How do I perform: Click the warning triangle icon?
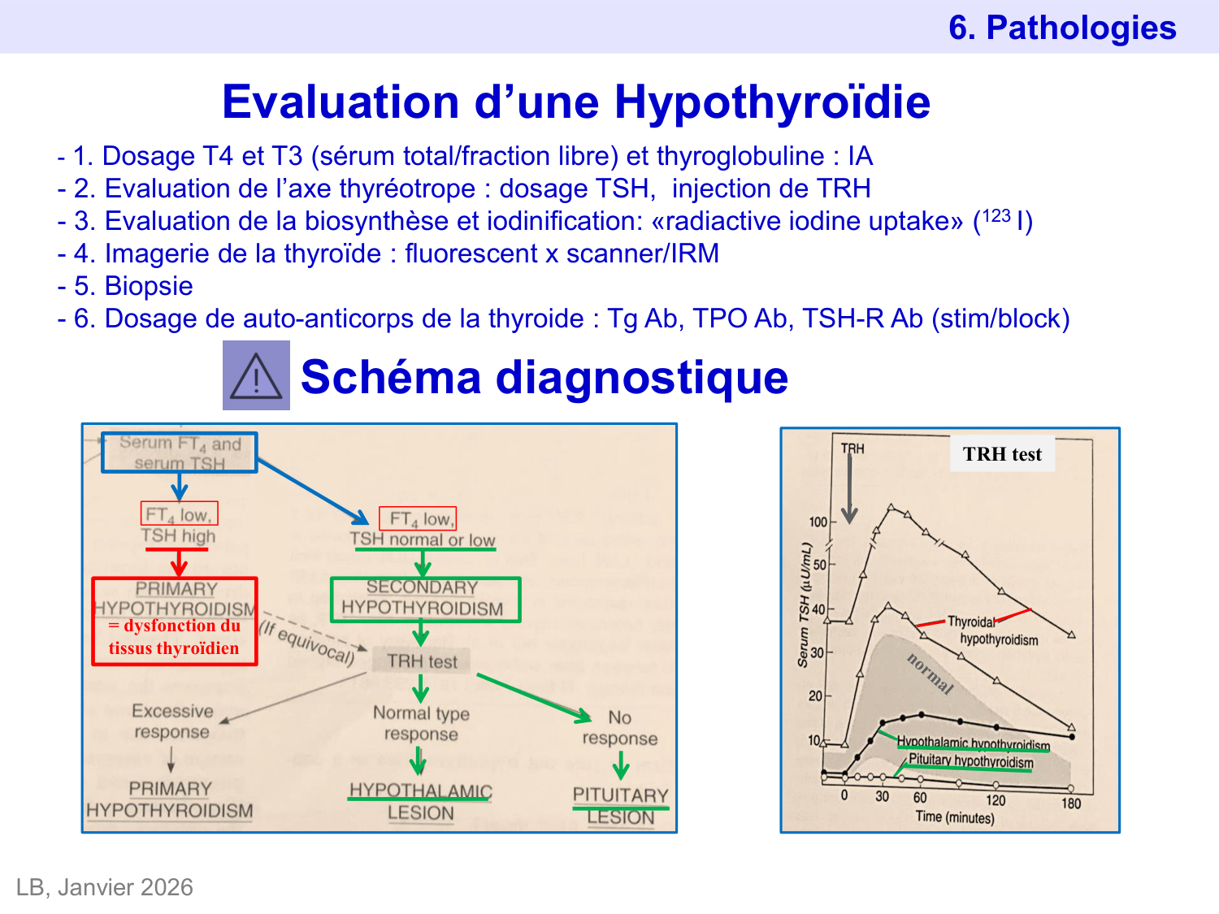(256, 375)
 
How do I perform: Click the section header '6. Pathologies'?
(1061, 28)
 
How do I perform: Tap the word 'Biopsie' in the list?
(149, 286)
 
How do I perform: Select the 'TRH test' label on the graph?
(1002, 454)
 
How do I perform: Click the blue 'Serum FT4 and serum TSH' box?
(180, 453)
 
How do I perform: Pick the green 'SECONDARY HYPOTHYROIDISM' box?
(424, 599)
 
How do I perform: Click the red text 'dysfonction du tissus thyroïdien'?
(174, 637)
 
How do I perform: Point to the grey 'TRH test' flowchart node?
(422, 661)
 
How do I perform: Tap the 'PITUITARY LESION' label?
(620, 806)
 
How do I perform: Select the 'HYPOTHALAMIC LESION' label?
(420, 802)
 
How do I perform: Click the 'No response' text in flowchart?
(619, 728)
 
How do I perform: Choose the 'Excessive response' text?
(172, 721)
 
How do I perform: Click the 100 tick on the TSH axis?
(818, 522)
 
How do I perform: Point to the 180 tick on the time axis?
(1071, 804)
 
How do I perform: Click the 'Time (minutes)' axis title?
(954, 817)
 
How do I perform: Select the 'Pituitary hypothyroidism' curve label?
(970, 761)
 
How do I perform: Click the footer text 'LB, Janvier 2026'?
(105, 887)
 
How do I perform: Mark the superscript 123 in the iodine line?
(996, 215)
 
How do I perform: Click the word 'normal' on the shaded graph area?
(930, 674)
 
